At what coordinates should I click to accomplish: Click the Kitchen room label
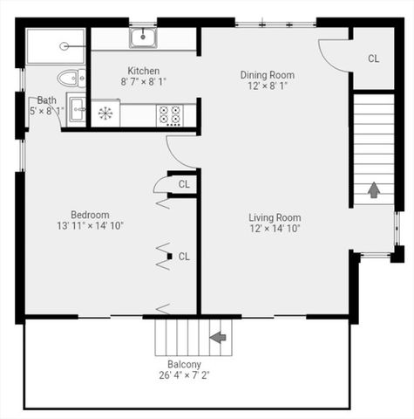pyautogui.click(x=144, y=71)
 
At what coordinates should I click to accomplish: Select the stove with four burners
pyautogui.click(x=170, y=114)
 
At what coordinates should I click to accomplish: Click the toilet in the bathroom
pyautogui.click(x=71, y=78)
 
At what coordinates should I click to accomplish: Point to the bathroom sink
pyautogui.click(x=76, y=110)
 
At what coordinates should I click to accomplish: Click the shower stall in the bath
pyautogui.click(x=55, y=45)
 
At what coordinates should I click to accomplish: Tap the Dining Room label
pyautogui.click(x=268, y=75)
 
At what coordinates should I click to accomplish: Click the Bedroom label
pyautogui.click(x=90, y=215)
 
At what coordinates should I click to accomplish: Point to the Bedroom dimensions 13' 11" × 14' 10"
pyautogui.click(x=90, y=226)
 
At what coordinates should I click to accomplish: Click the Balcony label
pyautogui.click(x=184, y=365)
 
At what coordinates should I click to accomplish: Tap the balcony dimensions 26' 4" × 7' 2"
pyautogui.click(x=184, y=376)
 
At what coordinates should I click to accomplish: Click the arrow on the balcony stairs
pyautogui.click(x=218, y=336)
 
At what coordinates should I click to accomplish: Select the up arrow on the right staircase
pyautogui.click(x=373, y=189)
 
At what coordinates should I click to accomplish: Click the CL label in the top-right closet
pyautogui.click(x=374, y=58)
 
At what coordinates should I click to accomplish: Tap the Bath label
pyautogui.click(x=46, y=100)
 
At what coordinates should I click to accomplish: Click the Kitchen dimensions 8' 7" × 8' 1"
pyautogui.click(x=144, y=83)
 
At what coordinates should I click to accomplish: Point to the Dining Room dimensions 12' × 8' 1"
pyautogui.click(x=268, y=87)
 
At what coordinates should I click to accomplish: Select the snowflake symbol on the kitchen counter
pyautogui.click(x=105, y=113)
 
